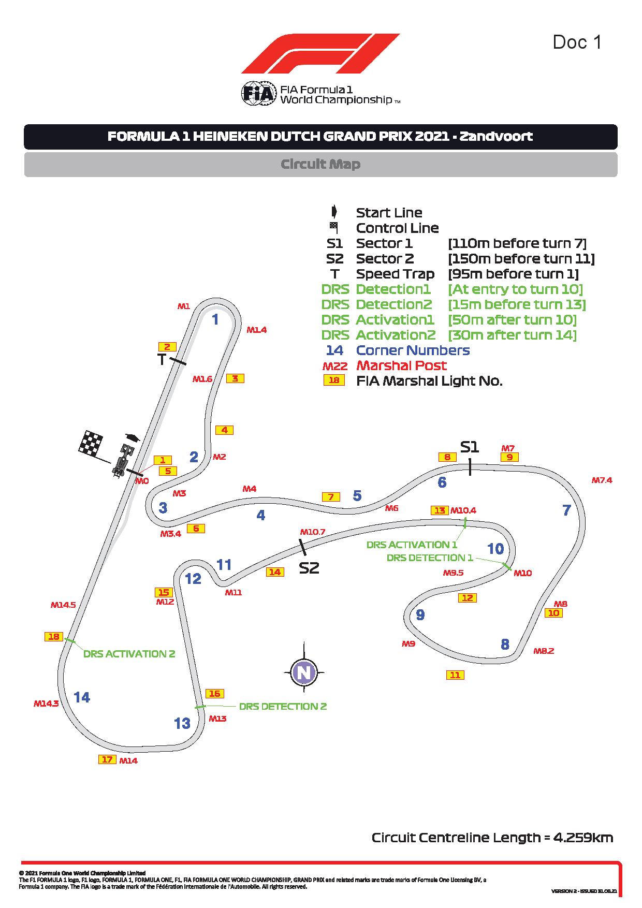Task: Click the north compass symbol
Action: tap(304, 672)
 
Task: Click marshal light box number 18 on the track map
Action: tap(54, 637)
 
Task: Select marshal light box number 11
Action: tap(455, 675)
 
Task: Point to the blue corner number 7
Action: tap(566, 510)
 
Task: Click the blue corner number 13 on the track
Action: tap(182, 723)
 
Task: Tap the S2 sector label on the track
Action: tap(309, 568)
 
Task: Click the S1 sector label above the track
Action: tap(470, 447)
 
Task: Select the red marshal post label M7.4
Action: tap(602, 480)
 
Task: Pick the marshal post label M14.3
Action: tap(46, 704)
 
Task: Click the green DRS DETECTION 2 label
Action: tap(283, 707)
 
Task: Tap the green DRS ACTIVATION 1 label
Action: tap(412, 545)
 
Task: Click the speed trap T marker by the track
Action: tap(162, 359)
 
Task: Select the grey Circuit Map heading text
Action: tap(320, 164)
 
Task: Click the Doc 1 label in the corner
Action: tap(577, 42)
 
